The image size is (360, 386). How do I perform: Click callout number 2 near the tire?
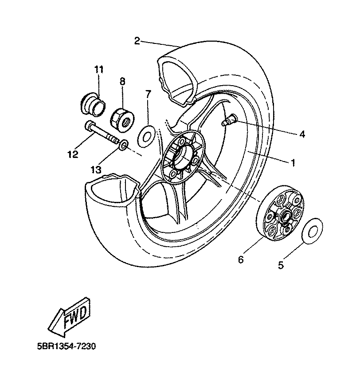pos(137,41)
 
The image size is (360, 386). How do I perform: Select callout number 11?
pos(98,69)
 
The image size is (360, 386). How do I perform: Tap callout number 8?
pos(122,81)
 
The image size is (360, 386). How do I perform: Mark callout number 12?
pos(73,154)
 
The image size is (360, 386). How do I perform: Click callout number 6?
pos(241,260)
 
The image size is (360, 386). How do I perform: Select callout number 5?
pos(280,265)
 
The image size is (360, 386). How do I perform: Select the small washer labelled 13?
pos(124,144)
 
